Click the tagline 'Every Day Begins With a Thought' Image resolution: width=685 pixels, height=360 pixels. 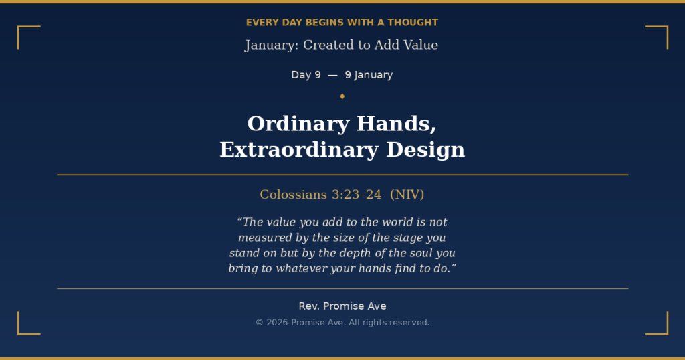[x=342, y=23]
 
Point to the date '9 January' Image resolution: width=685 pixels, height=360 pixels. [x=369, y=75]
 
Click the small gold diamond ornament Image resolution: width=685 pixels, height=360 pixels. [x=342, y=96]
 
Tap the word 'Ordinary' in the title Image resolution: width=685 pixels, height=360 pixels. [x=298, y=124]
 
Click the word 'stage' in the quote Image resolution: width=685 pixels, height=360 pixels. [x=407, y=238]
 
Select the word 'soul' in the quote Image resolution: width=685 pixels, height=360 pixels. [x=421, y=254]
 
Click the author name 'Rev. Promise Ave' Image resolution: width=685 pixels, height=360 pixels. [x=342, y=306]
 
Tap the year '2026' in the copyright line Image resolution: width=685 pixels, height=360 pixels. [x=277, y=323]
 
